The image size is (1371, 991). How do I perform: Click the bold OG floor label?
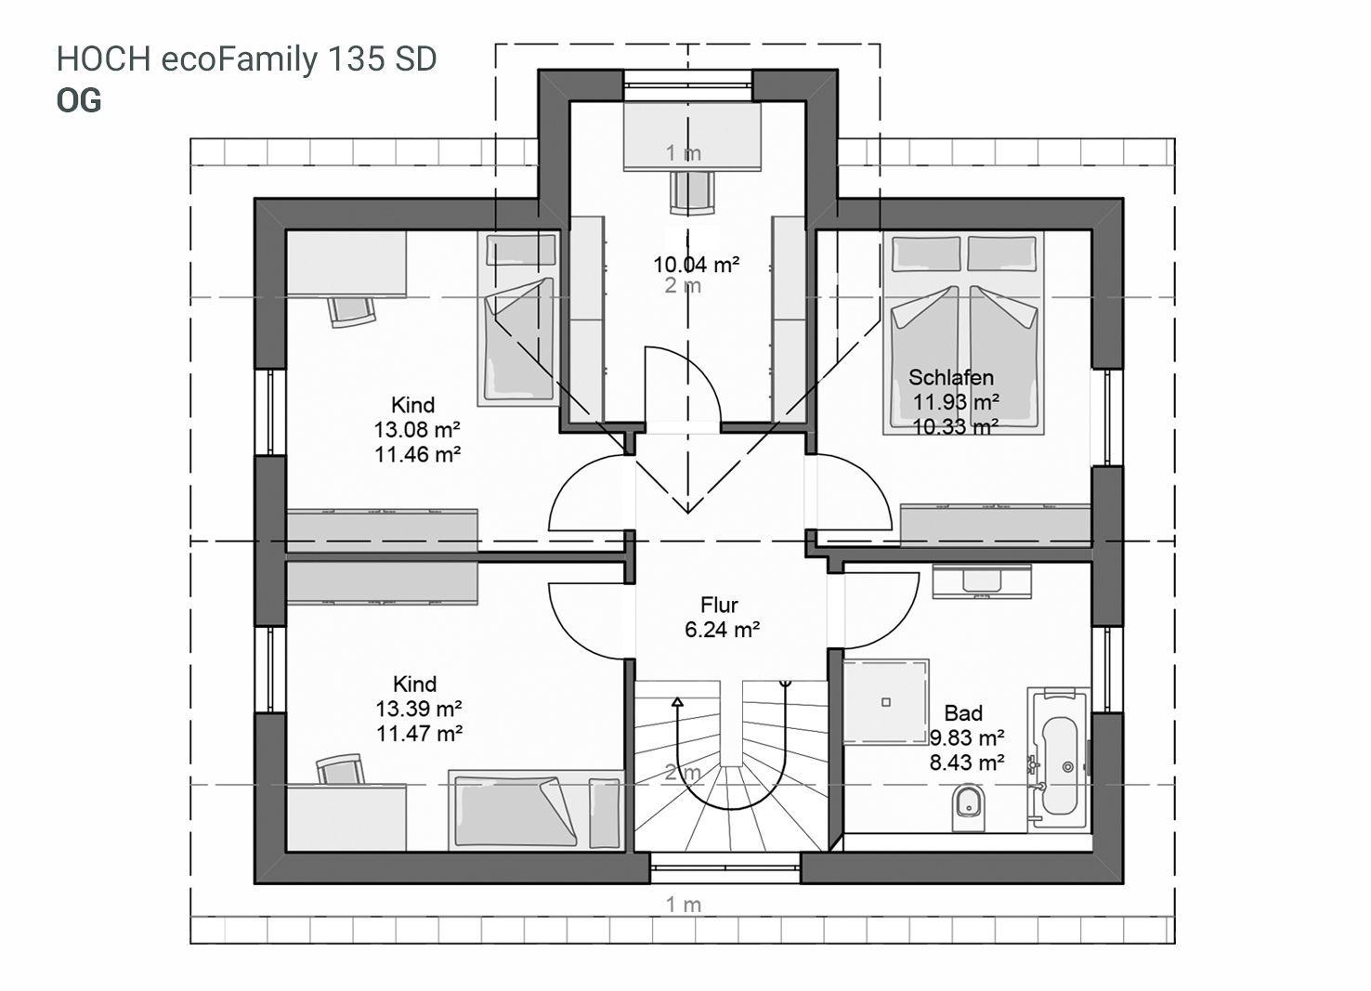pos(79,101)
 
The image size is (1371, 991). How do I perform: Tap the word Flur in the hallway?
pos(719,605)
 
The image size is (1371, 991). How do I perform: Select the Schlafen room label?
pos(950,377)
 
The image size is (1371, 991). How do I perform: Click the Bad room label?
pos(963,713)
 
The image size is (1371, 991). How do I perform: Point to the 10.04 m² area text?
pos(696,265)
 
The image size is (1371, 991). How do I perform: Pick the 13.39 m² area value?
pos(419,709)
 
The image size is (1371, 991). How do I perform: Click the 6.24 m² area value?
pos(723,630)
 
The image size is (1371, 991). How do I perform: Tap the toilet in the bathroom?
pos(968,809)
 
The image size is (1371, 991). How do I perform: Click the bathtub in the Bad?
pos(1060,759)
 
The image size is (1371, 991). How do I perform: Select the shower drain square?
pos(885,702)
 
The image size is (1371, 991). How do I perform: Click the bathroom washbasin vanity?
pos(982,580)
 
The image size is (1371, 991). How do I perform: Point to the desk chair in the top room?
pos(692,193)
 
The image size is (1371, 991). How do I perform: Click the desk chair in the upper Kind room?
pos(351,311)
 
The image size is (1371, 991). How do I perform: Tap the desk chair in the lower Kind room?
pos(340,769)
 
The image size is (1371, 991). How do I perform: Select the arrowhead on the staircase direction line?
pos(677,702)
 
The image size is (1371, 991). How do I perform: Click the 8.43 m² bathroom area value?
pos(967,763)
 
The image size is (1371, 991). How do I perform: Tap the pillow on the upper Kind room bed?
pos(521,251)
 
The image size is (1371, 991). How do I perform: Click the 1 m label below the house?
pos(683,904)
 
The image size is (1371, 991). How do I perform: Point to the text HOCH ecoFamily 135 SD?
pos(247,59)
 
